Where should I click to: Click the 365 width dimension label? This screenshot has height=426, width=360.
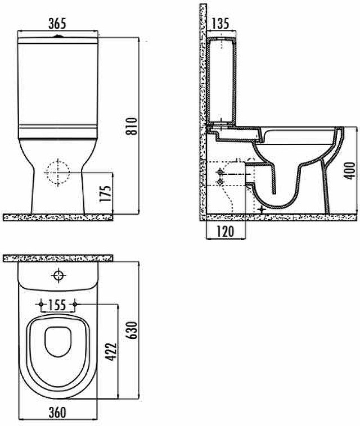pyautogui.click(x=57, y=24)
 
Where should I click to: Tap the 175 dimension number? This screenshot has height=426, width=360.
pyautogui.click(x=106, y=193)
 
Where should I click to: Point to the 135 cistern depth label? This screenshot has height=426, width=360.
pyautogui.click(x=220, y=24)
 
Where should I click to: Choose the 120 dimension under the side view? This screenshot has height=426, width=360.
pyautogui.click(x=226, y=231)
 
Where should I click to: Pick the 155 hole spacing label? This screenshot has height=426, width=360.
pyautogui.click(x=57, y=305)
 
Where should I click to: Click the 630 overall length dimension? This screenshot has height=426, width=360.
pyautogui.click(x=132, y=330)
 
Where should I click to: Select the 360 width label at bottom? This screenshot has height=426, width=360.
pyautogui.click(x=57, y=413)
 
